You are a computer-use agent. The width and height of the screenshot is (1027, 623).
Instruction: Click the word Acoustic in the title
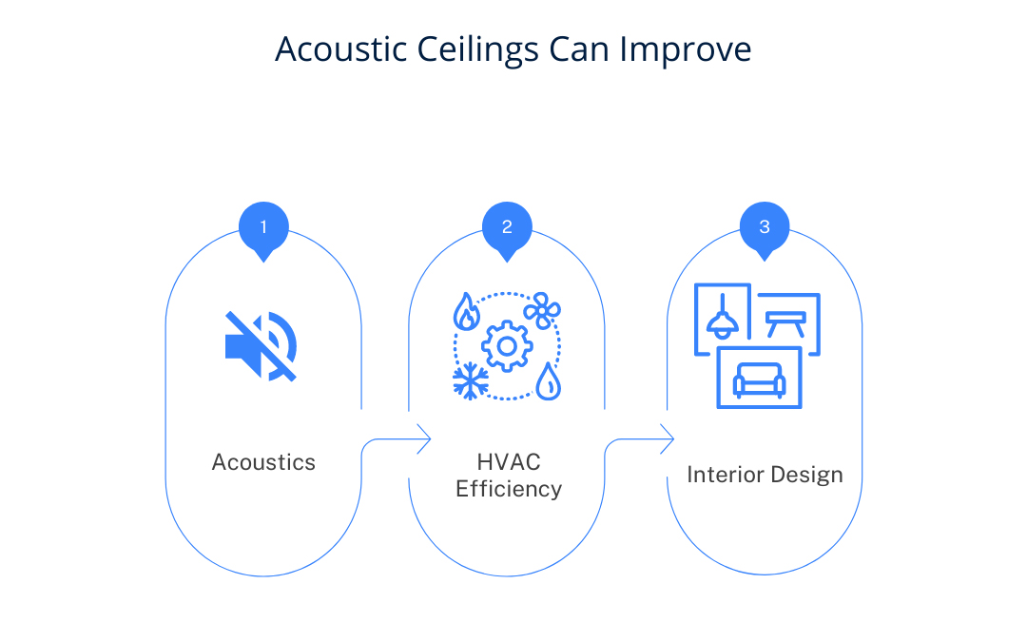[x=340, y=49]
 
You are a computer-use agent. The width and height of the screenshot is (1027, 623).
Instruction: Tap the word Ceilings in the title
[x=477, y=50]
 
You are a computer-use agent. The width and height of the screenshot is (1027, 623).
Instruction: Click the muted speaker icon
[x=261, y=346]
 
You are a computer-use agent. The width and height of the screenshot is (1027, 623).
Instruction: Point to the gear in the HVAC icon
[x=506, y=346]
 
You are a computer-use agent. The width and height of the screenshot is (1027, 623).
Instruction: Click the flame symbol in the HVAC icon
[x=466, y=311]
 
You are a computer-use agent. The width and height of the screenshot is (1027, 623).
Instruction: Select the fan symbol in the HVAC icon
[x=542, y=310]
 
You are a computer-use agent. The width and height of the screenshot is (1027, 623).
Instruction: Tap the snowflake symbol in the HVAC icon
[x=471, y=380]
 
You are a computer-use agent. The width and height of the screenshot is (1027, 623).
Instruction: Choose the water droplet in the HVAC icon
[x=549, y=381]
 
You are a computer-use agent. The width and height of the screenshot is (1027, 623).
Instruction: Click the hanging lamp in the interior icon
[x=723, y=317]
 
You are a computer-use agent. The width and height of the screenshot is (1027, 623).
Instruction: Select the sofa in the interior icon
[x=759, y=380]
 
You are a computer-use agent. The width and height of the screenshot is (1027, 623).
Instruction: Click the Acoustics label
[x=263, y=462]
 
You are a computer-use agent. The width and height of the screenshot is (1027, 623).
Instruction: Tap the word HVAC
[x=508, y=462]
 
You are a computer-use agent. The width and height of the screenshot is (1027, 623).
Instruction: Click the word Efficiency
[x=509, y=489]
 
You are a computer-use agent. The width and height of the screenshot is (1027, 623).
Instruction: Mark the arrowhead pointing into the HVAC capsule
[x=424, y=438]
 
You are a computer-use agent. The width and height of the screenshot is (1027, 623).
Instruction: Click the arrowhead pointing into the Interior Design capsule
[x=667, y=438]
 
